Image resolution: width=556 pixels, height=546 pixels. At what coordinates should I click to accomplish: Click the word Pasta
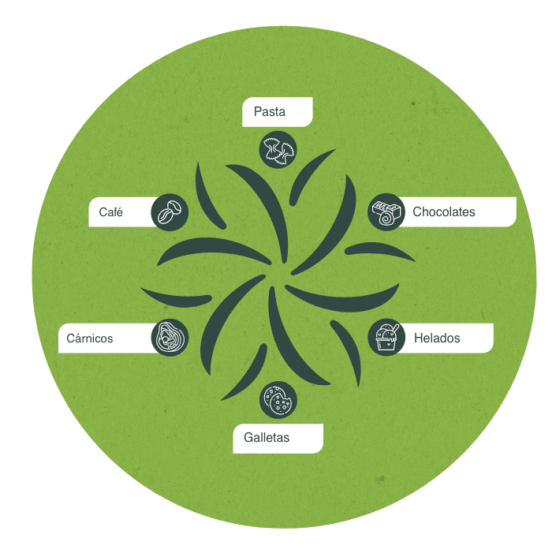pyautogui.click(x=270, y=112)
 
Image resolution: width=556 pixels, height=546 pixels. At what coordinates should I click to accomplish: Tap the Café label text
pyautogui.click(x=111, y=211)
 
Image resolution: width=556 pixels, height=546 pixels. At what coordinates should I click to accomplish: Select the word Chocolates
pyautogui.click(x=444, y=212)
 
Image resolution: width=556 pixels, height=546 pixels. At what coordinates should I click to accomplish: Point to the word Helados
pyautogui.click(x=437, y=338)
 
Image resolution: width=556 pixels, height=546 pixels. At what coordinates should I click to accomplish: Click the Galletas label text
pyautogui.click(x=267, y=437)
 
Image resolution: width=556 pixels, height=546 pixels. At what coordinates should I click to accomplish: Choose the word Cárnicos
pyautogui.click(x=89, y=338)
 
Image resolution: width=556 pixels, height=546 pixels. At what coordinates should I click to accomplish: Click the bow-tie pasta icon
pyautogui.click(x=278, y=149)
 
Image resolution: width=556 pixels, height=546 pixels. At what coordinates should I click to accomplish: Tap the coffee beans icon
pyautogui.click(x=170, y=212)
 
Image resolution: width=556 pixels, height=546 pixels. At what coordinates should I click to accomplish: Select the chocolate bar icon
pyautogui.click(x=386, y=212)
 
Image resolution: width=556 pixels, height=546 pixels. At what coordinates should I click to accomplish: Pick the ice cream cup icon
pyautogui.click(x=386, y=338)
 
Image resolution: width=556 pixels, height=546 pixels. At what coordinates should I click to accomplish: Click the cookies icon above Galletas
pyautogui.click(x=278, y=400)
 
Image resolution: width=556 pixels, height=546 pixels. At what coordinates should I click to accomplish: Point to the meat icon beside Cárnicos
pyautogui.click(x=170, y=338)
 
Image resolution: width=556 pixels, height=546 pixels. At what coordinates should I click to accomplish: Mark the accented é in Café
pyautogui.click(x=120, y=211)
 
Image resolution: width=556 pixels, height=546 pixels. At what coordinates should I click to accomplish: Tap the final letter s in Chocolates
pyautogui.click(x=472, y=212)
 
